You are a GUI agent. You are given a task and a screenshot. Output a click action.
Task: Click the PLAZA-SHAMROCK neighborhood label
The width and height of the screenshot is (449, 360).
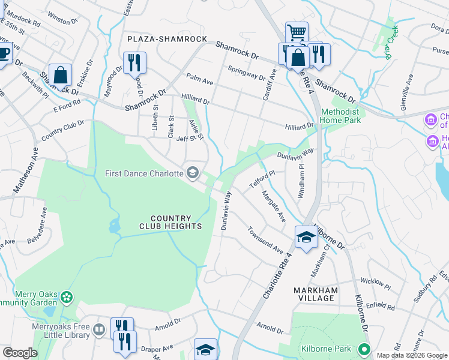click(166, 39)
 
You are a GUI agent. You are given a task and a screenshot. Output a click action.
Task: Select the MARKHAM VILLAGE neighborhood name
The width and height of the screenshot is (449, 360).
click(316, 294)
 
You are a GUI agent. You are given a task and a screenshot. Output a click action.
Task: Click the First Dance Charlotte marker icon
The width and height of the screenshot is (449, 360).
click(193, 173)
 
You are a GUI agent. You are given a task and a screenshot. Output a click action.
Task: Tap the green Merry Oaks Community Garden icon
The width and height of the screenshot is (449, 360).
click(67, 296)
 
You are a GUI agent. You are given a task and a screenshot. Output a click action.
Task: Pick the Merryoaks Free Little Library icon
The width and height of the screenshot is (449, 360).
click(100, 329)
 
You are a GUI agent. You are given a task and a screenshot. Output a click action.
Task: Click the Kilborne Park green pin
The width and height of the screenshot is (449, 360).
click(363, 349)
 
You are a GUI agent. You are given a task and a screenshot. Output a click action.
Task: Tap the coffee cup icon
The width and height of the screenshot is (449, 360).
click(4, 53)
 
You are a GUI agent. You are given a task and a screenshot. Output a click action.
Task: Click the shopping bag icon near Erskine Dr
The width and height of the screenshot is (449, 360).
click(60, 74)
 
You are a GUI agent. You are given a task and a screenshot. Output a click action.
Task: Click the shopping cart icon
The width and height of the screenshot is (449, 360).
click(296, 32)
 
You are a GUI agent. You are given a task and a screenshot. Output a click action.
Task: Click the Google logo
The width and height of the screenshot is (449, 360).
click(19, 353)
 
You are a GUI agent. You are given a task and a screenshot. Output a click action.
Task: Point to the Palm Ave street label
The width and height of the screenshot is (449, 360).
click(200, 79)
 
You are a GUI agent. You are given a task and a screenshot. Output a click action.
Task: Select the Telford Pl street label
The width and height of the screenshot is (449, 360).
click(262, 173)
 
